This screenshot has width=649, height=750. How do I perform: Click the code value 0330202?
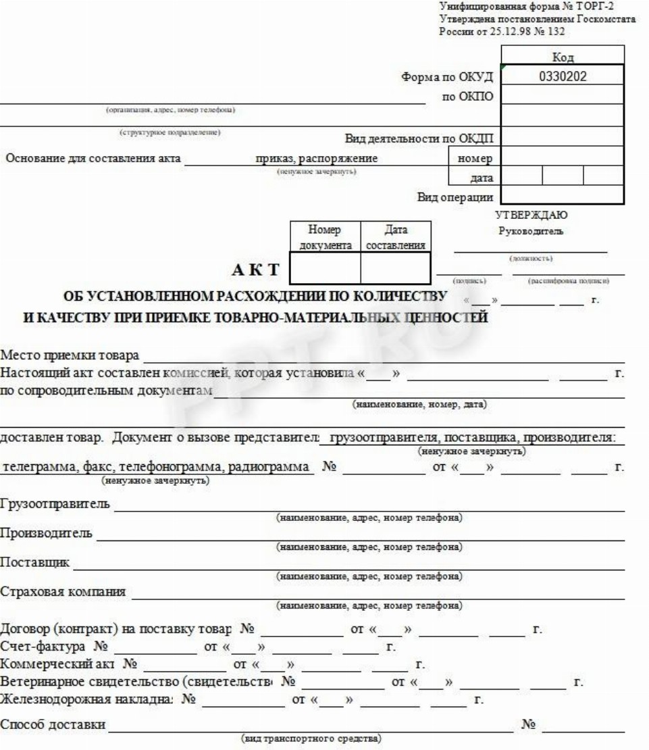[563, 76]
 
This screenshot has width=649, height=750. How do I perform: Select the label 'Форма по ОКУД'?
[448, 76]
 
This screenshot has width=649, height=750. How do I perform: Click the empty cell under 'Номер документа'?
[325, 267]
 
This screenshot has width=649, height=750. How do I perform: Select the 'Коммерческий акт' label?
[61, 665]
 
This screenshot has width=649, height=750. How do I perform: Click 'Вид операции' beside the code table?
[456, 197]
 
